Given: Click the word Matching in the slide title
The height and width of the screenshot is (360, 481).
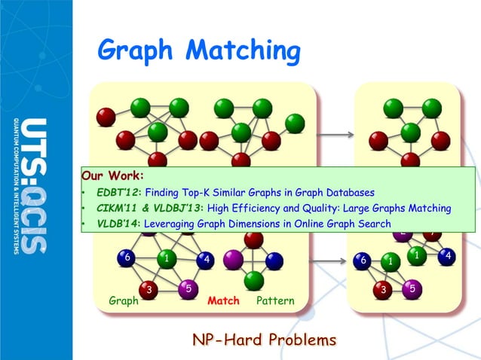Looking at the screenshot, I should coord(243,52).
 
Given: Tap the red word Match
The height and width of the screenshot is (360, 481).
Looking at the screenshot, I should coord(223,301).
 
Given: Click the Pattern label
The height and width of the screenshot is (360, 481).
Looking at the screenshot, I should coord(275,301).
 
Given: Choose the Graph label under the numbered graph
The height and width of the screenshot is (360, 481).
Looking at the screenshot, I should coord(124,301).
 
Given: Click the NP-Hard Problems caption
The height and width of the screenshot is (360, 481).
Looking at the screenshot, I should coord(265,340).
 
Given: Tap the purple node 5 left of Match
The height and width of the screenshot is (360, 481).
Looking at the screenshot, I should coord(188,288).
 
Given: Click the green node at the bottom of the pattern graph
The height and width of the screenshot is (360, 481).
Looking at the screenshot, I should coord(253,280).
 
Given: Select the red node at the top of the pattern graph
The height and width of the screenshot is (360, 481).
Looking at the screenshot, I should coord(253,239).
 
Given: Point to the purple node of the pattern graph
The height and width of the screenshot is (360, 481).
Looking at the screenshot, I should coord(232,260).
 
